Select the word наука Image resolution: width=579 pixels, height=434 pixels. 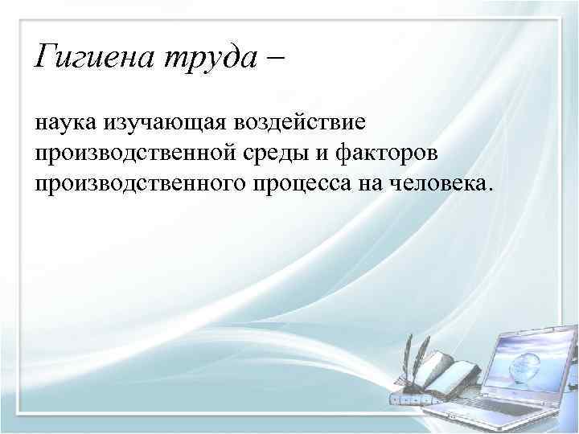pyautogui.click(x=65, y=123)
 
